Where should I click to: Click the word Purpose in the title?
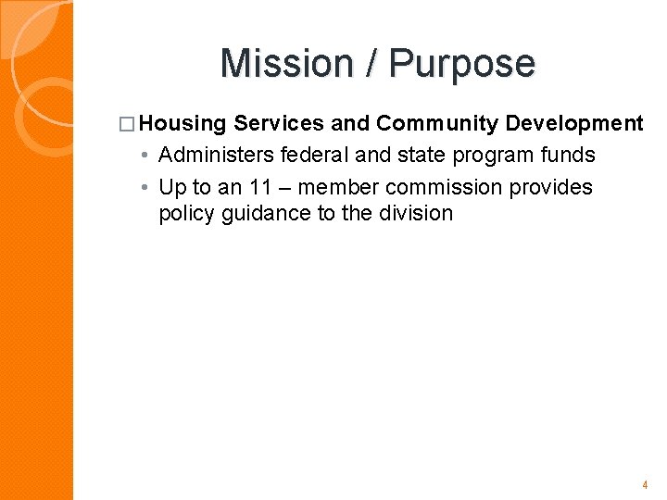tap(462, 64)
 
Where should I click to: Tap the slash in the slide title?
tap(371, 64)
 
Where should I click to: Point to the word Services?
tap(279, 123)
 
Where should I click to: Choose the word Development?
tap(574, 123)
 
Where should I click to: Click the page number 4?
tap(645, 484)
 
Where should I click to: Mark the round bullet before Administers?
tap(146, 156)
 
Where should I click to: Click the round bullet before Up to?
tap(146, 188)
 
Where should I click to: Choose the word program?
tap(488, 155)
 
